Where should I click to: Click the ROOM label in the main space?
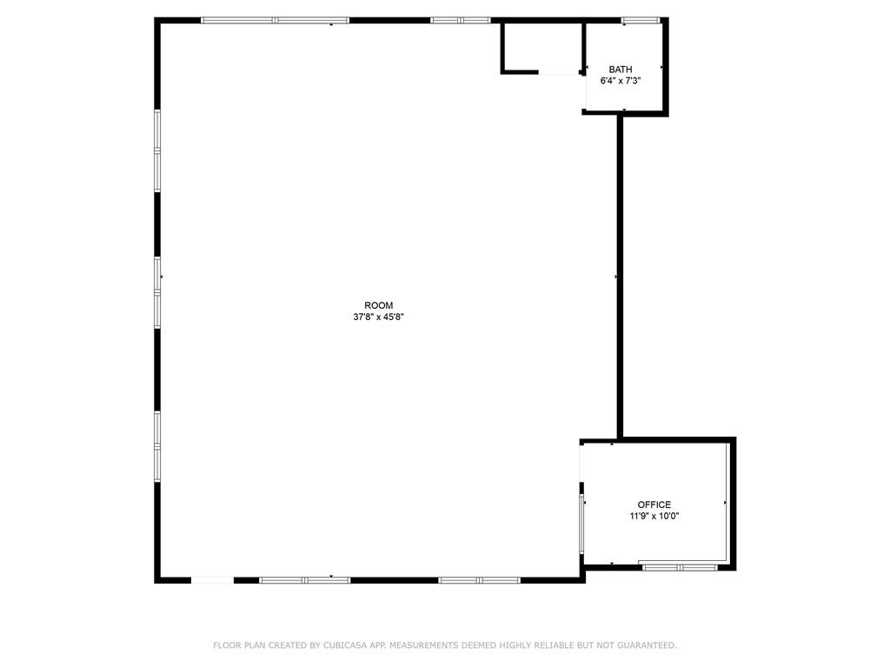tap(379, 305)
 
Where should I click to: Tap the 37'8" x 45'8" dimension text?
tap(379, 317)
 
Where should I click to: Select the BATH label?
tap(621, 70)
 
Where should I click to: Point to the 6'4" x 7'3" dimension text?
tap(621, 81)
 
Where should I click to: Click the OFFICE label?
tap(654, 504)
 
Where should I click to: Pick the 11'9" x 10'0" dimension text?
tap(654, 517)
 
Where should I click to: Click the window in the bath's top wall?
tap(641, 21)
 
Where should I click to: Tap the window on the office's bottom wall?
tap(681, 567)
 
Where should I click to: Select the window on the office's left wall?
tap(581, 523)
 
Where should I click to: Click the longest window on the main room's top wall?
tap(276, 21)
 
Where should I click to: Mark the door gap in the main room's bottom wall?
tap(212, 580)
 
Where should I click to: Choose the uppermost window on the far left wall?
tap(157, 150)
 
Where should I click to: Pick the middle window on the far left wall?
tap(157, 292)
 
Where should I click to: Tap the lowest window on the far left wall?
tap(157, 446)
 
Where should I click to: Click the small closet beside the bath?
tap(542, 48)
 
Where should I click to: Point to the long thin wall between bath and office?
tap(620, 277)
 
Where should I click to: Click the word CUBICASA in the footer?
tap(345, 645)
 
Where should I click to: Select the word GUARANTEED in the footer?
tap(647, 645)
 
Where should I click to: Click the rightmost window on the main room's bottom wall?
tap(480, 580)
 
